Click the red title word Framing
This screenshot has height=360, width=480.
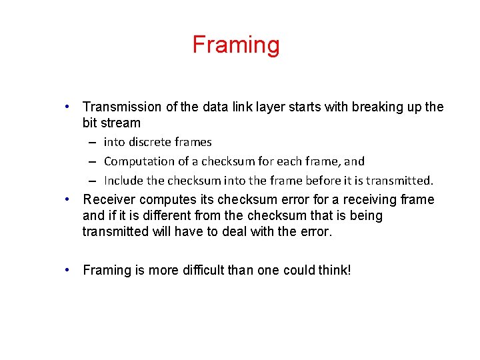(236, 45)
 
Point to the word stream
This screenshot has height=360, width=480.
(121, 123)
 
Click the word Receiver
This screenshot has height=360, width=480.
(107, 200)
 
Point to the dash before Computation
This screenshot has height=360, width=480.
(90, 161)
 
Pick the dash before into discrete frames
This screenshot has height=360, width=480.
(90, 142)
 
